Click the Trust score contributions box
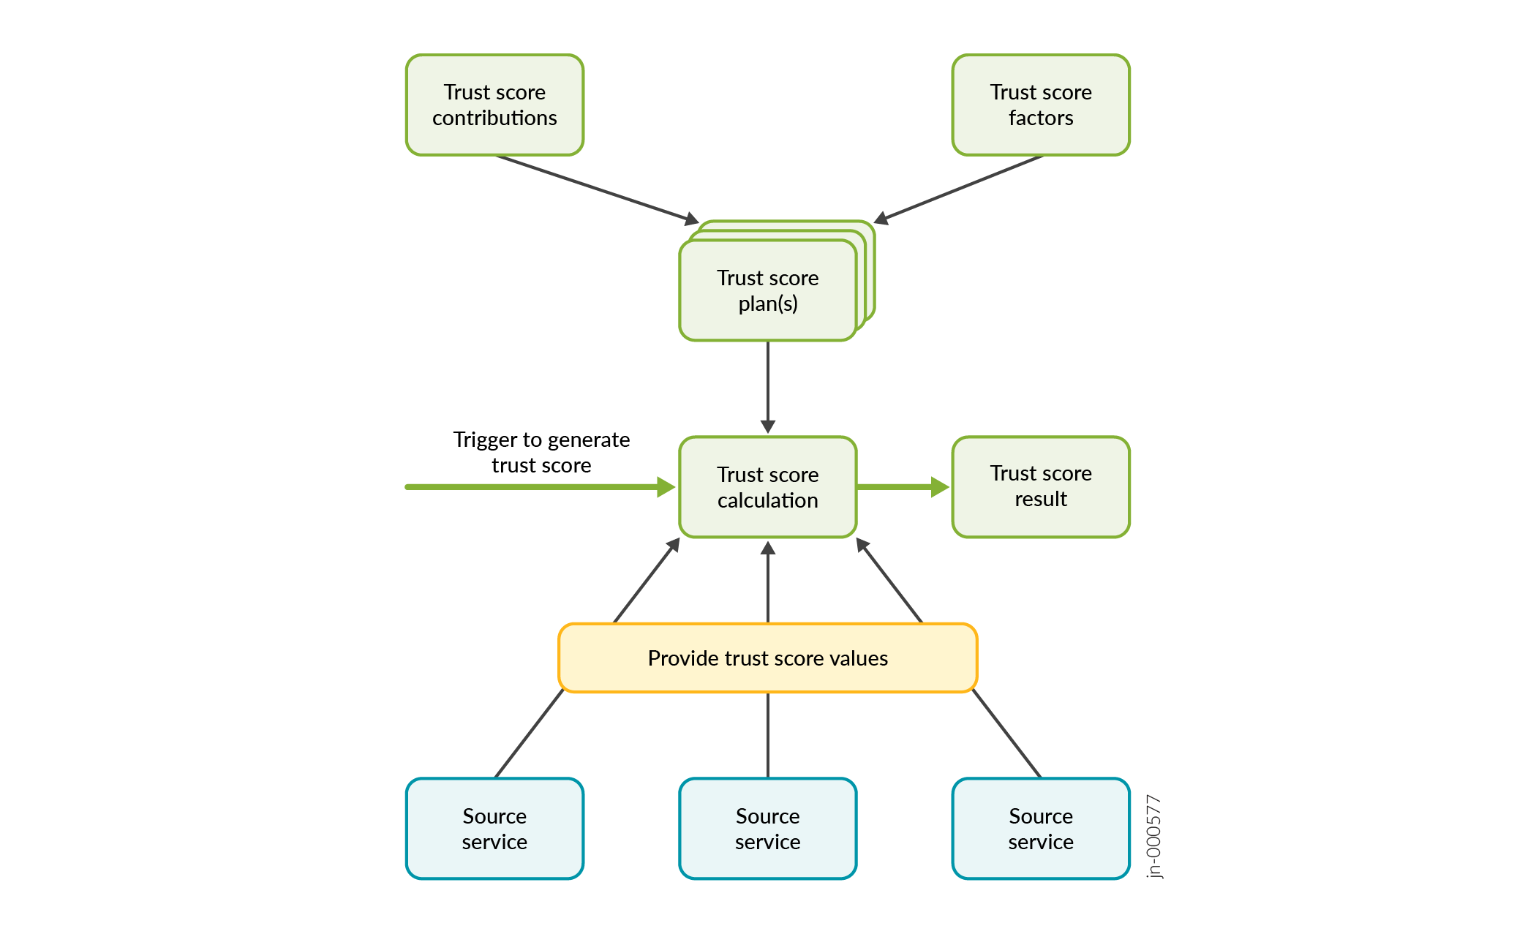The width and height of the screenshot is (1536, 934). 494,105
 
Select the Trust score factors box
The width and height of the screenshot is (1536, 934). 1040,105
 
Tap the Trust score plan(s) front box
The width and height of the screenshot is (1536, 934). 767,290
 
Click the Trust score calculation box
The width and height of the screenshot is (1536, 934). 767,487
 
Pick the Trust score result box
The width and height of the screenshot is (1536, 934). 1040,486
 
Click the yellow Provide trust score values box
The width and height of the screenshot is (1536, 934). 767,658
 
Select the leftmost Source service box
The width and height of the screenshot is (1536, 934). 494,828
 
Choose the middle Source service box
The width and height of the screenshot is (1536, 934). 767,828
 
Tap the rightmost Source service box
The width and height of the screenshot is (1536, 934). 1040,828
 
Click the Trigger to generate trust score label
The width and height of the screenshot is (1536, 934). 541,452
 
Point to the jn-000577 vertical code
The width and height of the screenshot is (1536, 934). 1153,836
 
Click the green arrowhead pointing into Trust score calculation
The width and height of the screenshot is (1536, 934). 666,487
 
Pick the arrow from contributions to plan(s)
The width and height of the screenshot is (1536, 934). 596,189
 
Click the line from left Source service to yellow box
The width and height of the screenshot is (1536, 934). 529,734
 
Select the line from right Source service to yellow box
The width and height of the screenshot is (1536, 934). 1006,733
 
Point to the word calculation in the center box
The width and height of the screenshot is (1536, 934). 767,500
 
